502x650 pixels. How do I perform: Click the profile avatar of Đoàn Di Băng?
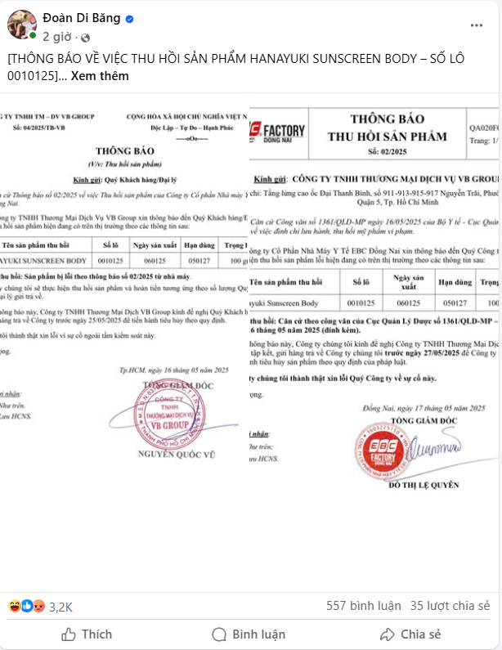coord(21,25)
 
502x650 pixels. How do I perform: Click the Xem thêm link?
coord(100,76)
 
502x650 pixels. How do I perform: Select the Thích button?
coord(87,634)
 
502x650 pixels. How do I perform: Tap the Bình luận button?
coord(249,634)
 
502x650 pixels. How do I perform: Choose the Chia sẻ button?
coord(410,634)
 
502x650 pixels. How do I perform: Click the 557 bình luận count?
coord(363,606)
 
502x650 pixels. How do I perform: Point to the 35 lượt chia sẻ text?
coord(450,606)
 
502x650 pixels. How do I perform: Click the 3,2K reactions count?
coord(61,607)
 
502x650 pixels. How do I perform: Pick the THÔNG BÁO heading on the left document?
coord(124,151)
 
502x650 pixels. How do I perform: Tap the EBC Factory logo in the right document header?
coord(277,131)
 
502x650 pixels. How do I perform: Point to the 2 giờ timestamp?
coord(57,37)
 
